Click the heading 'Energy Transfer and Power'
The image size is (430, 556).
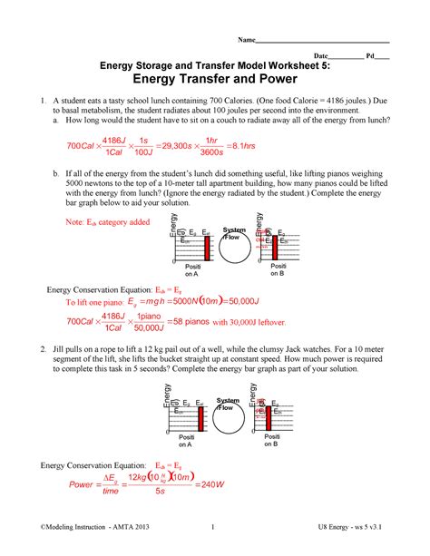click(x=215, y=78)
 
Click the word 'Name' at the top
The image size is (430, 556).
click(x=245, y=41)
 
